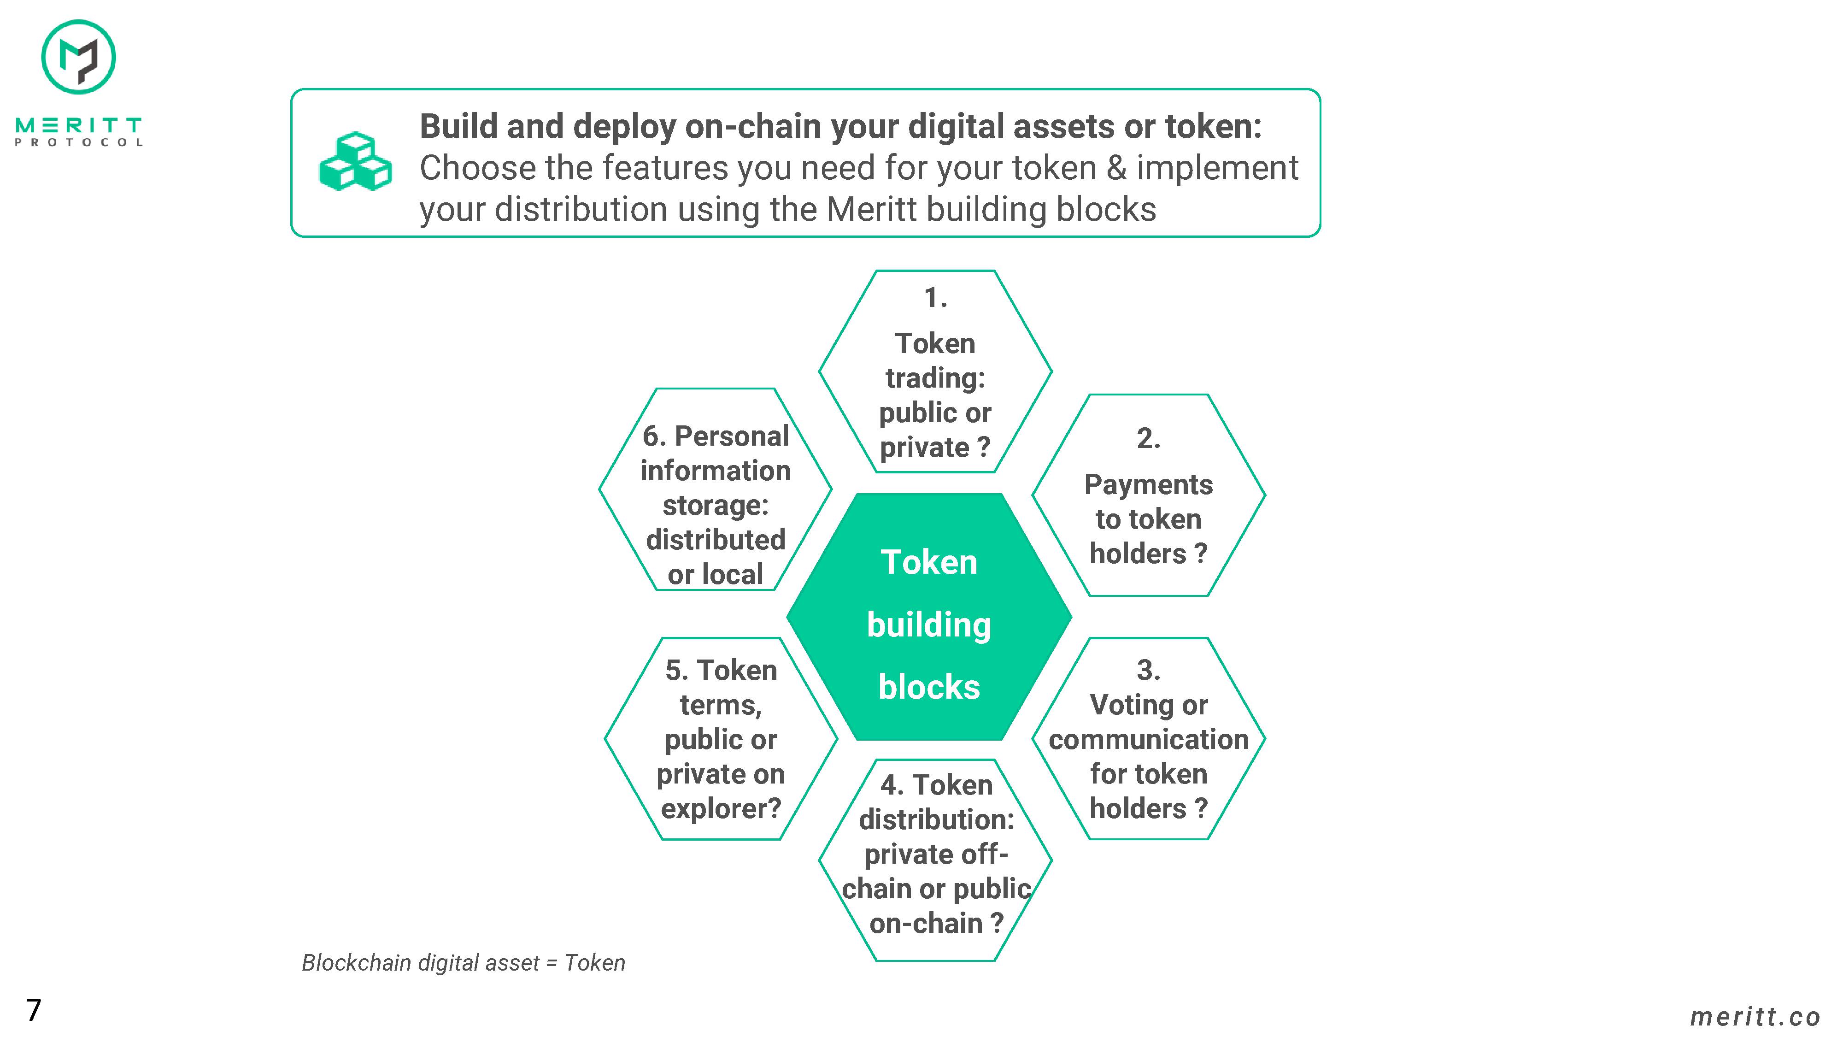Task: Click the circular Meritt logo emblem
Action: [79, 57]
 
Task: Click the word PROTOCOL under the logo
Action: [79, 142]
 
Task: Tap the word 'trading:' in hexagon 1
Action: [935, 378]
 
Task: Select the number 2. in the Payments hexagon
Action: [1148, 438]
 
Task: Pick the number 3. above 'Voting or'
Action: [1148, 670]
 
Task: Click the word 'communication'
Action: [1148, 739]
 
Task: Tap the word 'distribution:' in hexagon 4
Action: [937, 819]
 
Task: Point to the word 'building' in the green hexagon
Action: [929, 625]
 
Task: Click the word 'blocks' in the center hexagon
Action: [929, 687]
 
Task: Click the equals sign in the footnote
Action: [552, 963]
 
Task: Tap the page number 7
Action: [34, 1010]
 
